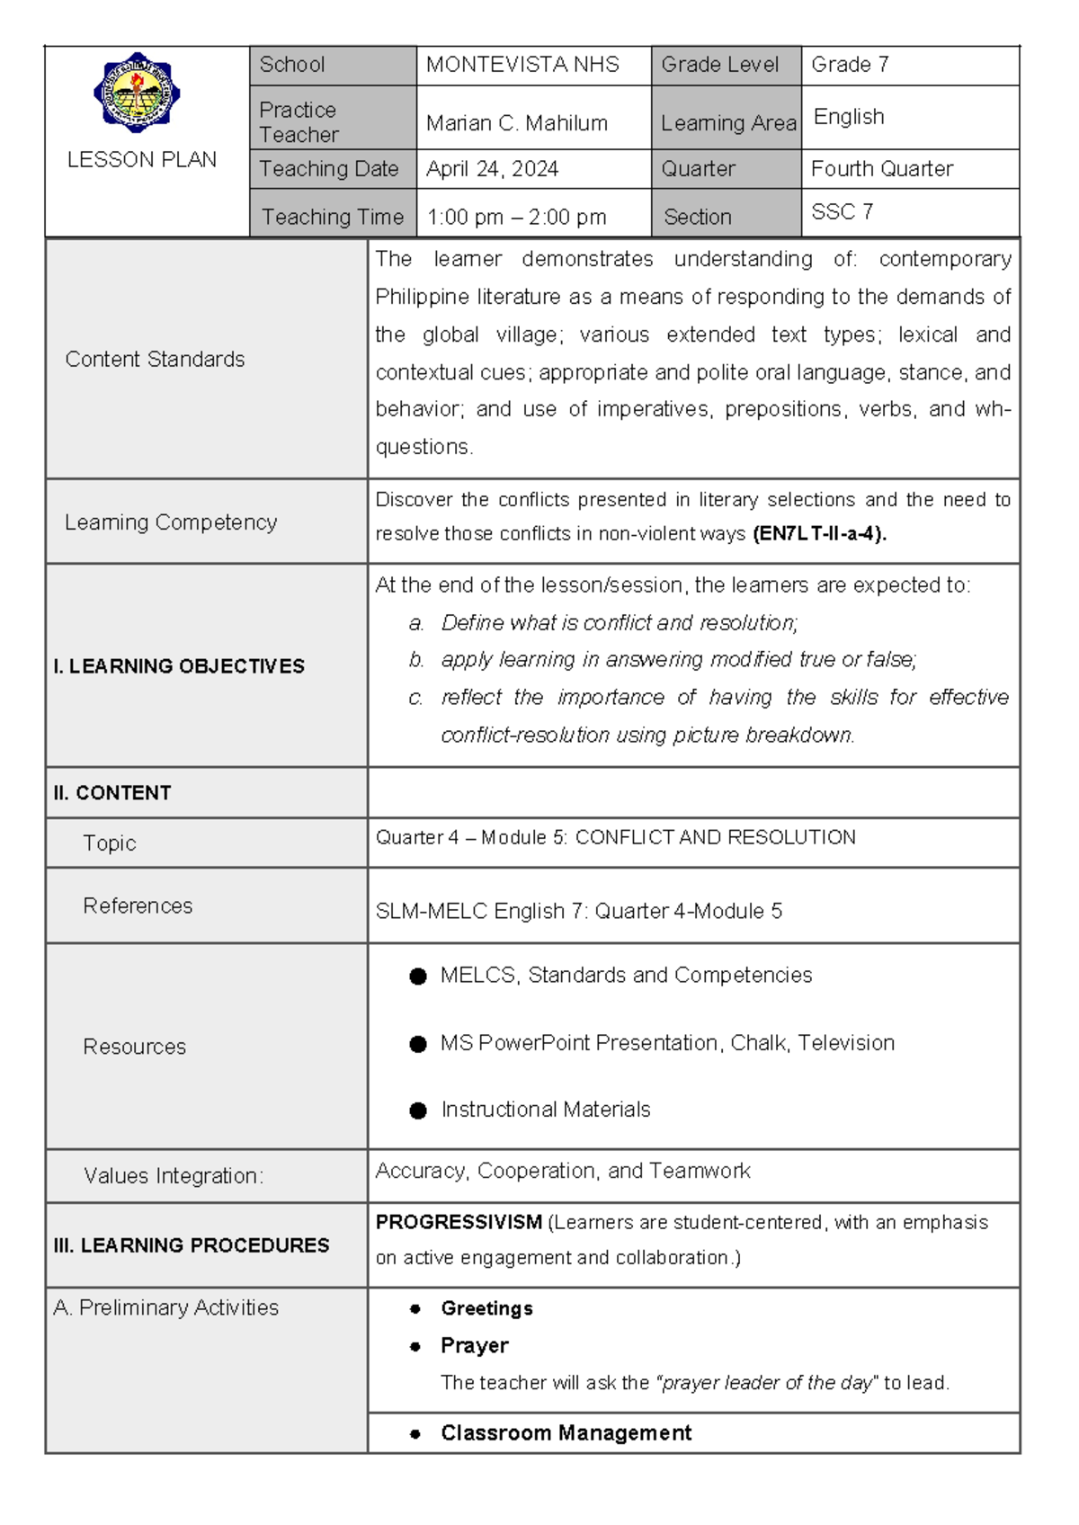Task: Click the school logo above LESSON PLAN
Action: (137, 93)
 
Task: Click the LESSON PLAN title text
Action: (141, 160)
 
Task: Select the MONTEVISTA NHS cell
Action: (522, 65)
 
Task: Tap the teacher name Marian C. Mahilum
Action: (516, 123)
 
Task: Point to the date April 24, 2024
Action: (492, 169)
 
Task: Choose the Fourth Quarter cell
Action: (881, 169)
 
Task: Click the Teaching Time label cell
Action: (332, 217)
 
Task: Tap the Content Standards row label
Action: (155, 360)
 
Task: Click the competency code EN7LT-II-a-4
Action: (819, 534)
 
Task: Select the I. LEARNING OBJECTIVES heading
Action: (179, 666)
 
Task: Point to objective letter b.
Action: (416, 660)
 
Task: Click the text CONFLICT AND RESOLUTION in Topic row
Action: (715, 838)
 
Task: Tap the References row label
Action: (138, 906)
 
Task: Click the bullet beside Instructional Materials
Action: (418, 1110)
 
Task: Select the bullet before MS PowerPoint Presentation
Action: (418, 1044)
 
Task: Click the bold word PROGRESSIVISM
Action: (459, 1223)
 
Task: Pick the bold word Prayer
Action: (474, 1346)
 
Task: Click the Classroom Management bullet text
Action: (566, 1433)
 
